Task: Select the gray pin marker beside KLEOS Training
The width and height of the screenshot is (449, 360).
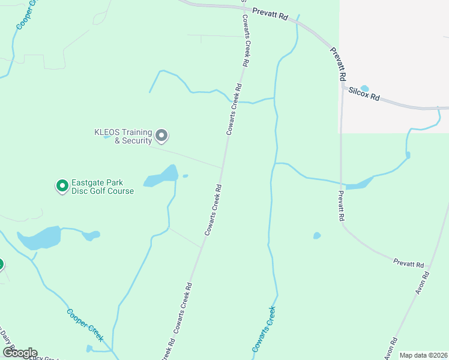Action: pyautogui.click(x=161, y=136)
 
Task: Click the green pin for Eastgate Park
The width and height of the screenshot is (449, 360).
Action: pyautogui.click(x=61, y=186)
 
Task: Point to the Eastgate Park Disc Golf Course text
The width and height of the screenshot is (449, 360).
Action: pyautogui.click(x=103, y=187)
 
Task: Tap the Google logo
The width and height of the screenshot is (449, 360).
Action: pyautogui.click(x=19, y=352)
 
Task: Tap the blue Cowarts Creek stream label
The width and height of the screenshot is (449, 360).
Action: pyautogui.click(x=264, y=329)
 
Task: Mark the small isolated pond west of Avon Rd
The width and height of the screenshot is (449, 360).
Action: pyautogui.click(x=317, y=236)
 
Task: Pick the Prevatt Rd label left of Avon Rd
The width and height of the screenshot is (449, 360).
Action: pyautogui.click(x=408, y=263)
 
